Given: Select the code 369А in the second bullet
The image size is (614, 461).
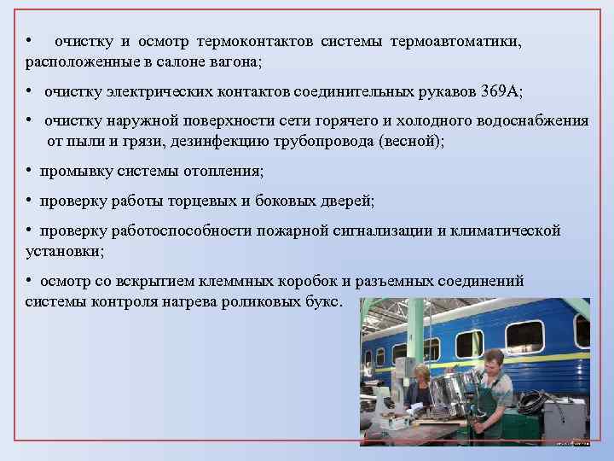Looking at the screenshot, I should pyautogui.click(x=501, y=91).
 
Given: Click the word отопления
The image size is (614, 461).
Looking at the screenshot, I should pyautogui.click(x=224, y=171).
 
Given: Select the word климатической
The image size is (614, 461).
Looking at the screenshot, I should pyautogui.click(x=508, y=230).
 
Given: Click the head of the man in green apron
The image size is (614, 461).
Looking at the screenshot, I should pyautogui.click(x=493, y=359).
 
